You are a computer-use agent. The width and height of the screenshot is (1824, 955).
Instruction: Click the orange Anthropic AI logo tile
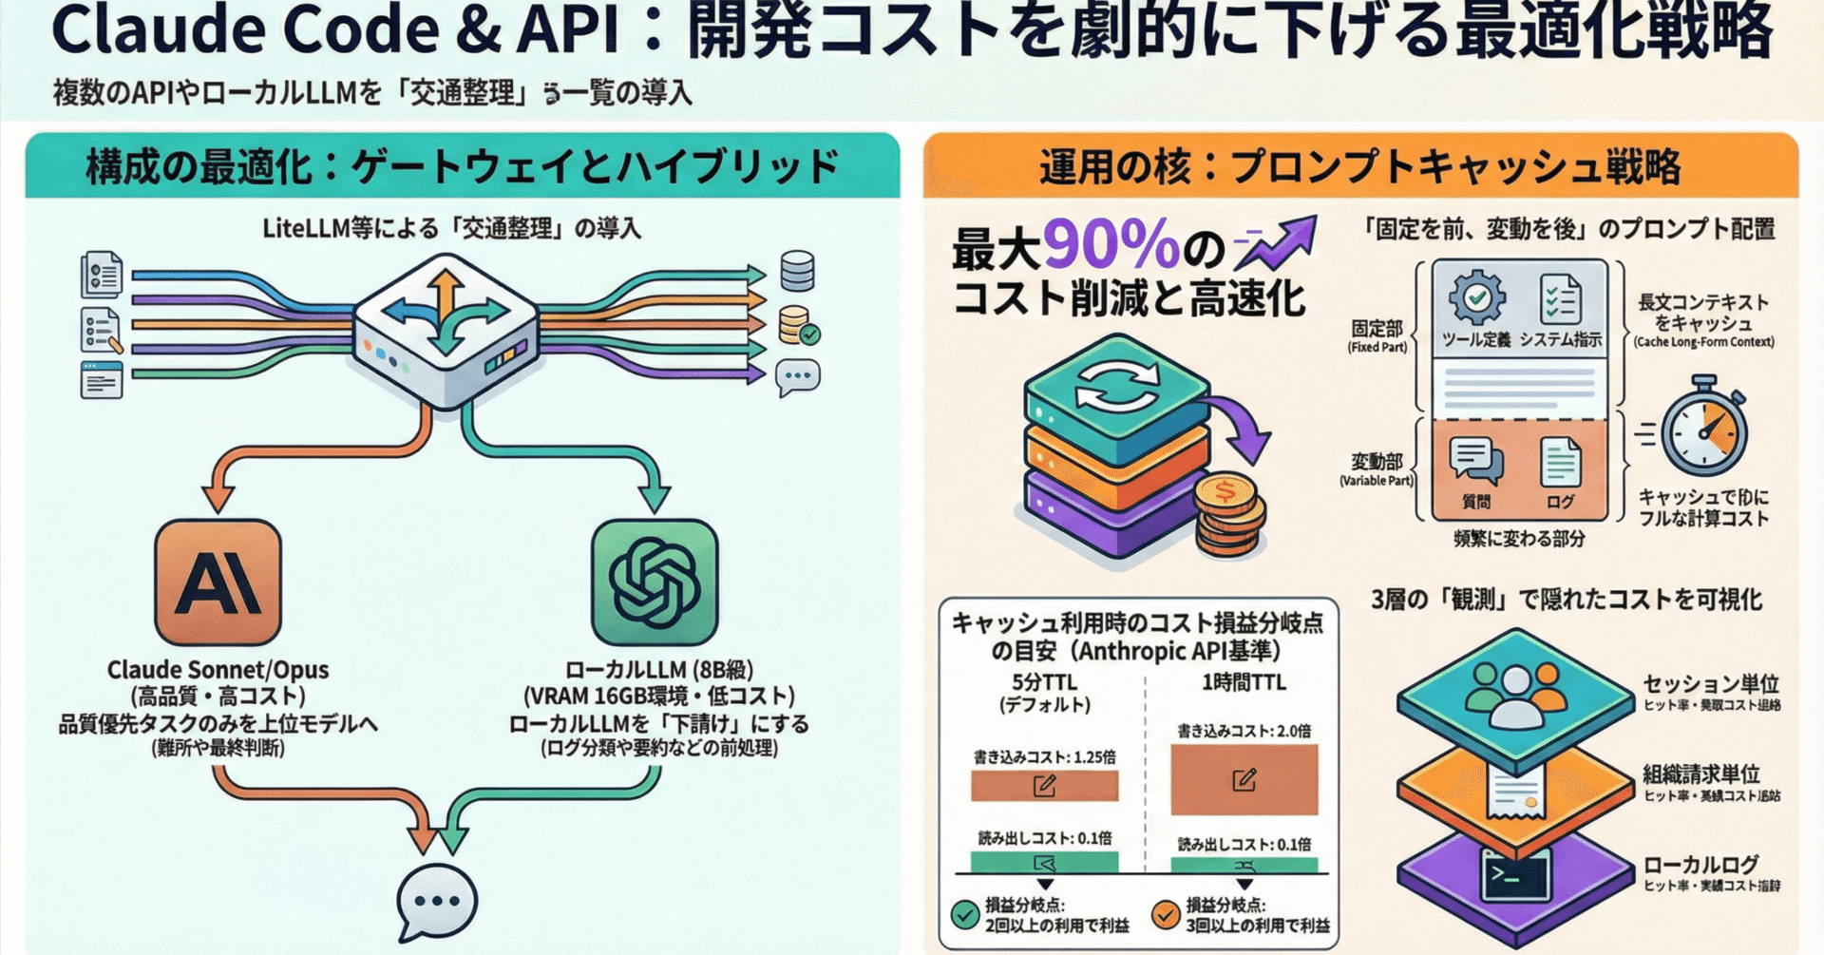pyautogui.click(x=218, y=582)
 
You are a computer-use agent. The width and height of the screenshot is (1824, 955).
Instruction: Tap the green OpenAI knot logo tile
pyautogui.click(x=655, y=582)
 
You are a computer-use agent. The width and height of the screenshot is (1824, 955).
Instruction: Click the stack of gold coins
pyautogui.click(x=1229, y=514)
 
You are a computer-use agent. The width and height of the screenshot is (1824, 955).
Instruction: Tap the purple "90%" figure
pyautogui.click(x=1111, y=244)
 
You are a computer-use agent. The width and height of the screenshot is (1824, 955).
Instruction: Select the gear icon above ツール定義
pyautogui.click(x=1476, y=297)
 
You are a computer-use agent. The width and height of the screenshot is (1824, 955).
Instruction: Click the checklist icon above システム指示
pyautogui.click(x=1560, y=298)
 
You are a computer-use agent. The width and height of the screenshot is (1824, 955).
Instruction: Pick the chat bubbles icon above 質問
pyautogui.click(x=1475, y=462)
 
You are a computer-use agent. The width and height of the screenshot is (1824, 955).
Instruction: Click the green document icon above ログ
pyautogui.click(x=1560, y=462)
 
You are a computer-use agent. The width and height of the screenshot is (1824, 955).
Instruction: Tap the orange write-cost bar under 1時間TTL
pyautogui.click(x=1244, y=779)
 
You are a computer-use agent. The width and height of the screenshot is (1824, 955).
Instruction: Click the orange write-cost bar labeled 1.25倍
pyautogui.click(x=1044, y=785)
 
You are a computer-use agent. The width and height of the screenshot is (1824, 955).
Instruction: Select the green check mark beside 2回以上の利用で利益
pyautogui.click(x=965, y=915)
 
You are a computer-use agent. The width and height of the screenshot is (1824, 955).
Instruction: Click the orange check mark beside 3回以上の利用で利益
pyautogui.click(x=1165, y=915)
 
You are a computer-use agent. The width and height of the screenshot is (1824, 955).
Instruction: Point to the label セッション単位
pyautogui.click(x=1710, y=684)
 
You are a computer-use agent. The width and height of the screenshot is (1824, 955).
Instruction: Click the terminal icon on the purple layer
pyautogui.click(x=1515, y=874)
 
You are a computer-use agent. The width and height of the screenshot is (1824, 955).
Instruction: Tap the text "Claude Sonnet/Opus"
pyautogui.click(x=218, y=670)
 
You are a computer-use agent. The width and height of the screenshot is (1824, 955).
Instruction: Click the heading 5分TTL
pyautogui.click(x=1044, y=682)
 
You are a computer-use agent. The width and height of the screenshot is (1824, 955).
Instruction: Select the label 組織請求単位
pyautogui.click(x=1700, y=774)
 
